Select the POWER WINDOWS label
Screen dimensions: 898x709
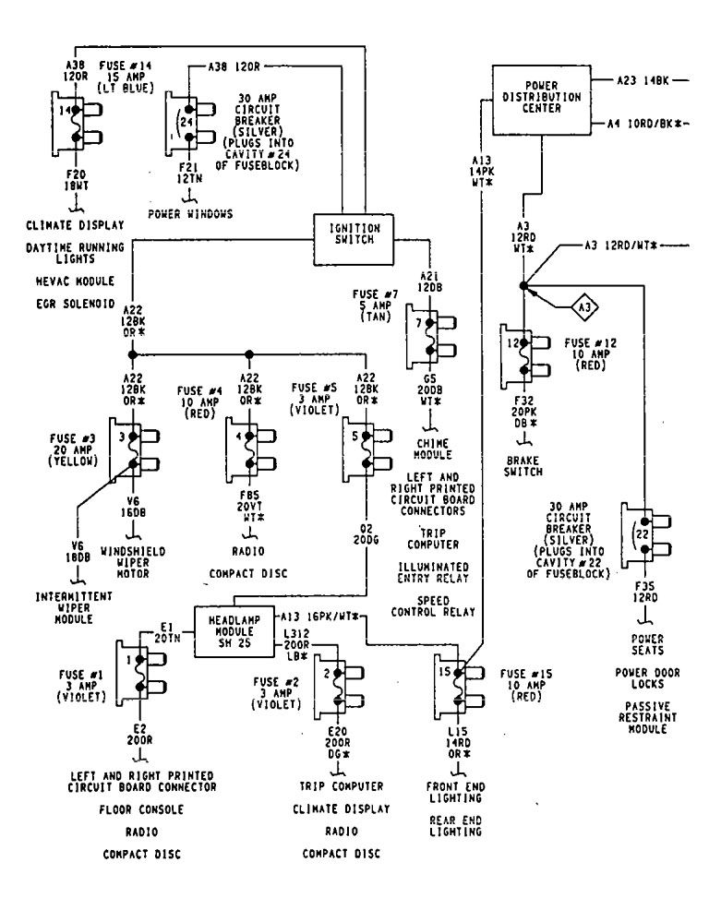click(x=190, y=213)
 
